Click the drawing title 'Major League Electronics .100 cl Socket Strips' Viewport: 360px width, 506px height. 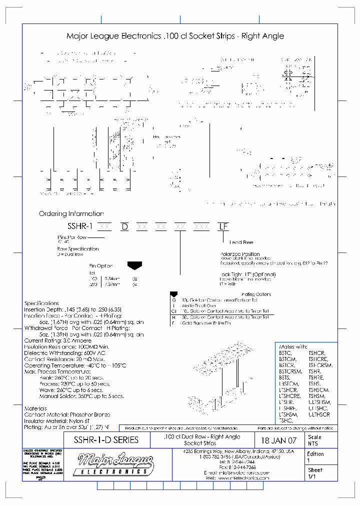(x=175, y=36)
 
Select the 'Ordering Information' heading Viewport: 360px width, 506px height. (x=71, y=213)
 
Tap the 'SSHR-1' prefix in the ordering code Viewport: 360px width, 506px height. (x=80, y=226)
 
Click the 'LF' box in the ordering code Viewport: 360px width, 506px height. (x=223, y=226)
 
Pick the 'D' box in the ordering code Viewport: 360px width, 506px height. (x=125, y=226)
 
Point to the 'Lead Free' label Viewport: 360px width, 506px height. (x=241, y=242)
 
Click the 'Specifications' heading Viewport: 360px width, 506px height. (x=41, y=303)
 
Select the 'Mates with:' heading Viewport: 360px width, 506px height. (x=293, y=346)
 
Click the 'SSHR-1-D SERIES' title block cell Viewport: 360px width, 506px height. (x=106, y=440)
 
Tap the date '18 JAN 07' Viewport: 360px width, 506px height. (x=279, y=441)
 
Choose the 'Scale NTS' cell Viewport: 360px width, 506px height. (x=314, y=440)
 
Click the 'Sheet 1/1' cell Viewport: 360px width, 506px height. (x=315, y=473)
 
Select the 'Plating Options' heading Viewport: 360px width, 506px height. (x=256, y=294)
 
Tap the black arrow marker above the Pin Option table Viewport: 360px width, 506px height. (x=135, y=264)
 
